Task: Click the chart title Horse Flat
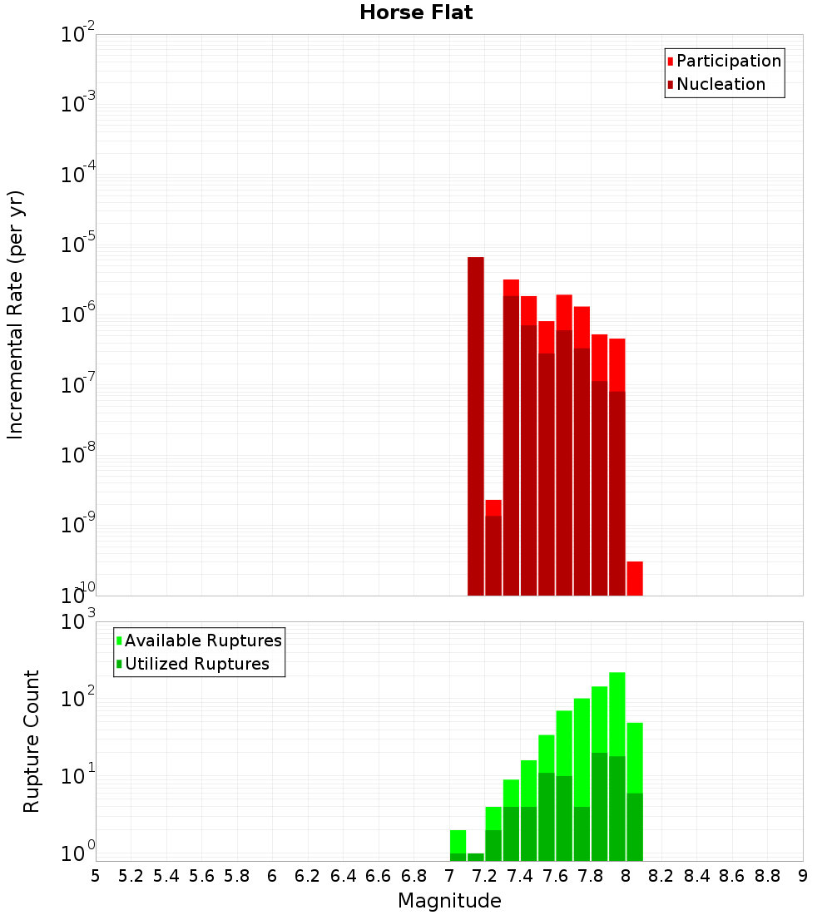click(416, 12)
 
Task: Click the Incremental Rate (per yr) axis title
click(15, 314)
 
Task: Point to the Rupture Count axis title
click(31, 741)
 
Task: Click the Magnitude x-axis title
click(449, 900)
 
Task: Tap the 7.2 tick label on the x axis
click(484, 876)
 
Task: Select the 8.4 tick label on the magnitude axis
click(696, 876)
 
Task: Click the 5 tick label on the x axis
click(96, 876)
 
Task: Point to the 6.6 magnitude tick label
click(379, 876)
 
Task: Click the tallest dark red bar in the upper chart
click(476, 424)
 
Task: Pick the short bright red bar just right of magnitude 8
click(635, 578)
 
